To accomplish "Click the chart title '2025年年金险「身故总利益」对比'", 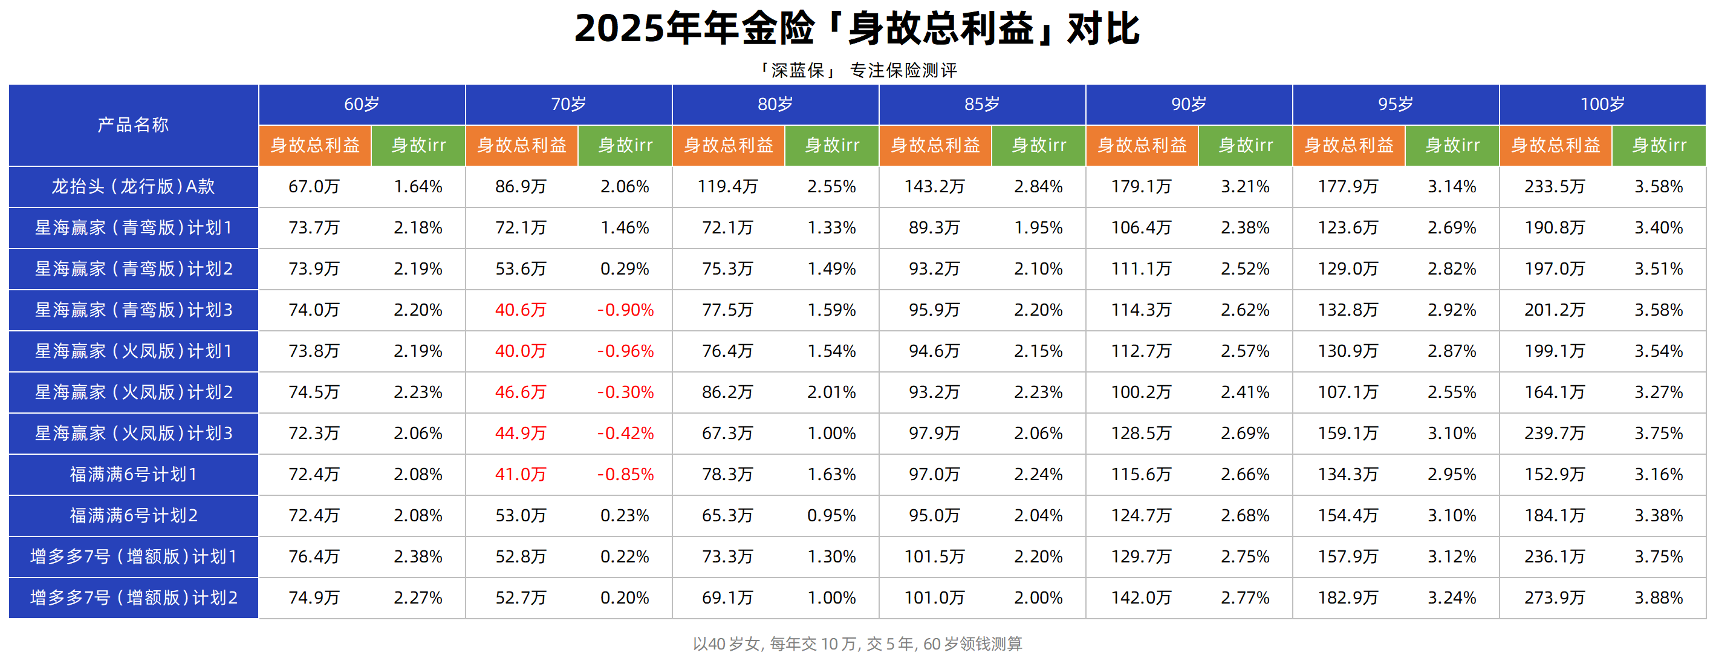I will coord(857,29).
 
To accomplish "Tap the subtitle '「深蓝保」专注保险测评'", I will coord(857,70).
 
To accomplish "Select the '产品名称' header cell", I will coord(133,125).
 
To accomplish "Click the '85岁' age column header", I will coord(982,104).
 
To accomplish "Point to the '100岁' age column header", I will coord(1602,104).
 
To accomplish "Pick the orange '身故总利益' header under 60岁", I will coord(314,145).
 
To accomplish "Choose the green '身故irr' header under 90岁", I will coord(1245,145).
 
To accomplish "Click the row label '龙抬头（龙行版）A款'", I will coord(133,187).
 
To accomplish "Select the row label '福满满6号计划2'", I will coord(133,516).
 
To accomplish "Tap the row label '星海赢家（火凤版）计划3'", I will coord(133,433).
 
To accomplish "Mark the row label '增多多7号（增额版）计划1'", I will coord(133,557).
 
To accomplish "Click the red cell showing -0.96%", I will coord(625,351).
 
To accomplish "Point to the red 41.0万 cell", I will coord(520,474).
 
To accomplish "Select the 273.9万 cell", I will coord(1554,598).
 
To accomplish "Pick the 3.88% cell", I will coord(1658,598).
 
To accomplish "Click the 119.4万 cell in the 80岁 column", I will coord(727,187).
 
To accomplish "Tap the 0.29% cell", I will coord(624,269).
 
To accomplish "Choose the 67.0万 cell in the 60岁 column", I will coord(314,187).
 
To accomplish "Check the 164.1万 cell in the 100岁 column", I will coord(1554,392).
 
